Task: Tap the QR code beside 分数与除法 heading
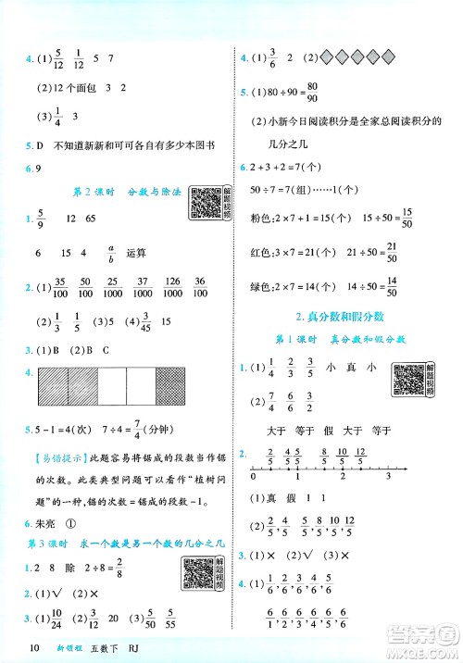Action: tap(210, 203)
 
